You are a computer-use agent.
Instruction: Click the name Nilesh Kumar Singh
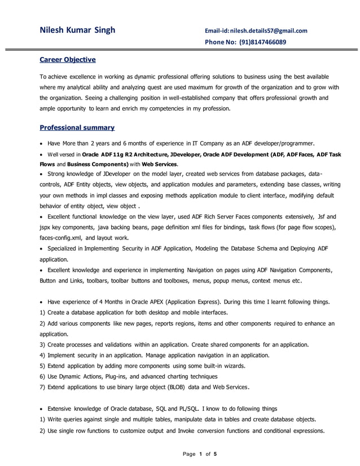(77, 30)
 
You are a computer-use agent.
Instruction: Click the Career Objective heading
(67, 60)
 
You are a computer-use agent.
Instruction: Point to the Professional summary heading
(77, 128)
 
